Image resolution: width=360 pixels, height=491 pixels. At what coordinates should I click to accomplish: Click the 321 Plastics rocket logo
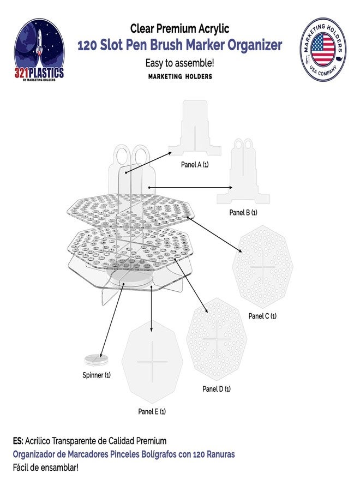(39, 50)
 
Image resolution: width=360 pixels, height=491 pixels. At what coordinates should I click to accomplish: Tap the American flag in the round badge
(323, 49)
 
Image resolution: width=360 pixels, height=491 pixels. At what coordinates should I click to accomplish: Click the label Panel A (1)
(195, 164)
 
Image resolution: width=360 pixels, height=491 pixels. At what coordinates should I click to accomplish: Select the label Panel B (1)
(243, 213)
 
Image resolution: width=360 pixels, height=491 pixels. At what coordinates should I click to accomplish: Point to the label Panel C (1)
(262, 316)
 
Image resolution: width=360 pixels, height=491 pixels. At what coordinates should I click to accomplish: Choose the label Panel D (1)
(217, 389)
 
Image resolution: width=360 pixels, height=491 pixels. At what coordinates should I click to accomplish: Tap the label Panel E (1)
(152, 411)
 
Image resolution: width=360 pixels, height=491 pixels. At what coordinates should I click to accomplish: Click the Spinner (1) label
(97, 375)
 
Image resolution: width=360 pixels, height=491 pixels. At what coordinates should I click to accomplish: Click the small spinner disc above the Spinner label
(96, 359)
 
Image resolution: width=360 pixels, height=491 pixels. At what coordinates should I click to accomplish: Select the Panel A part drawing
(195, 128)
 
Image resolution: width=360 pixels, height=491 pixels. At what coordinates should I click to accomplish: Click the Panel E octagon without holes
(152, 363)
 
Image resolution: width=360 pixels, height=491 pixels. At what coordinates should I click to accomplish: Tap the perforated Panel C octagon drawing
(262, 267)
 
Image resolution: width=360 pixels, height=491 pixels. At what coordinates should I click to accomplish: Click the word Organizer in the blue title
(255, 45)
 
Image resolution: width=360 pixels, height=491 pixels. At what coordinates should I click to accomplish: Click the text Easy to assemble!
(179, 63)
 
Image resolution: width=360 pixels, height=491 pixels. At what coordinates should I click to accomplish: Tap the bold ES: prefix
(18, 441)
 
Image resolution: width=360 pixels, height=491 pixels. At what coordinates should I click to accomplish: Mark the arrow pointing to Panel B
(191, 188)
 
